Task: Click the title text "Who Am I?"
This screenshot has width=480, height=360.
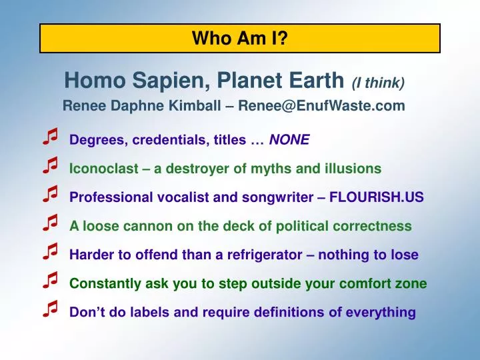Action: (240, 38)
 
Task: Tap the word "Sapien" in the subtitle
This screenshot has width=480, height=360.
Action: (171, 81)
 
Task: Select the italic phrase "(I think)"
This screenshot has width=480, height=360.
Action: (379, 83)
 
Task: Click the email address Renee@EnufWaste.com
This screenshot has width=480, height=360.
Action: (322, 105)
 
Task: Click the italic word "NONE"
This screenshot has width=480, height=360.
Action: (289, 139)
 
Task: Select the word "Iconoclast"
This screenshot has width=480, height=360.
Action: (104, 169)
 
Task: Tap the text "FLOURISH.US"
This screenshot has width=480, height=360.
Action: (377, 197)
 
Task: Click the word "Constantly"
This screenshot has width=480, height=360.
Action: (105, 283)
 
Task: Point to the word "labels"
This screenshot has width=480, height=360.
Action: (150, 312)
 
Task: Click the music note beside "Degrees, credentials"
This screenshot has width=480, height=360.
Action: (50, 136)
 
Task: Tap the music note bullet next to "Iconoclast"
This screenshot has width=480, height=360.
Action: (50, 165)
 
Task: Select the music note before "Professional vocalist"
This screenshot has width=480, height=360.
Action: (50, 194)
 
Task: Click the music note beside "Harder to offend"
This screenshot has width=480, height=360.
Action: (50, 251)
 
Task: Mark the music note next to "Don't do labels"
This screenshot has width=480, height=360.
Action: (50, 309)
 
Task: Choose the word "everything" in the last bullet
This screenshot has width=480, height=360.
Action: (381, 313)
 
